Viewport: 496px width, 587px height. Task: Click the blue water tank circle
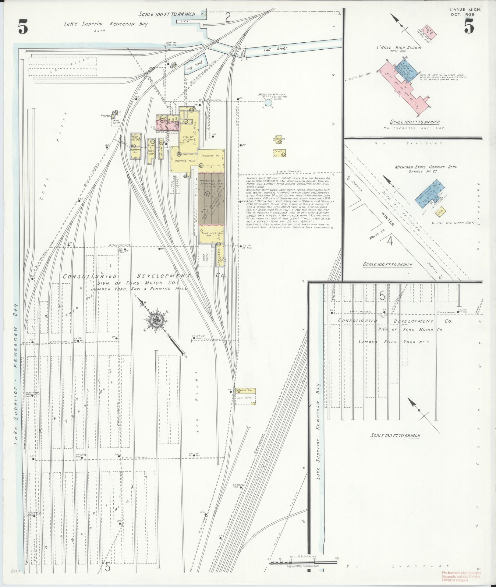[268, 103]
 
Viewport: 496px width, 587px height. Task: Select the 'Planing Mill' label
[185, 160]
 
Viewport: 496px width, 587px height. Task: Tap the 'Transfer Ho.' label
[210, 156]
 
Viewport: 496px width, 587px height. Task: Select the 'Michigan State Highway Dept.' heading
[425, 167]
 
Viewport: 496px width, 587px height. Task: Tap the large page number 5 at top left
[23, 28]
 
